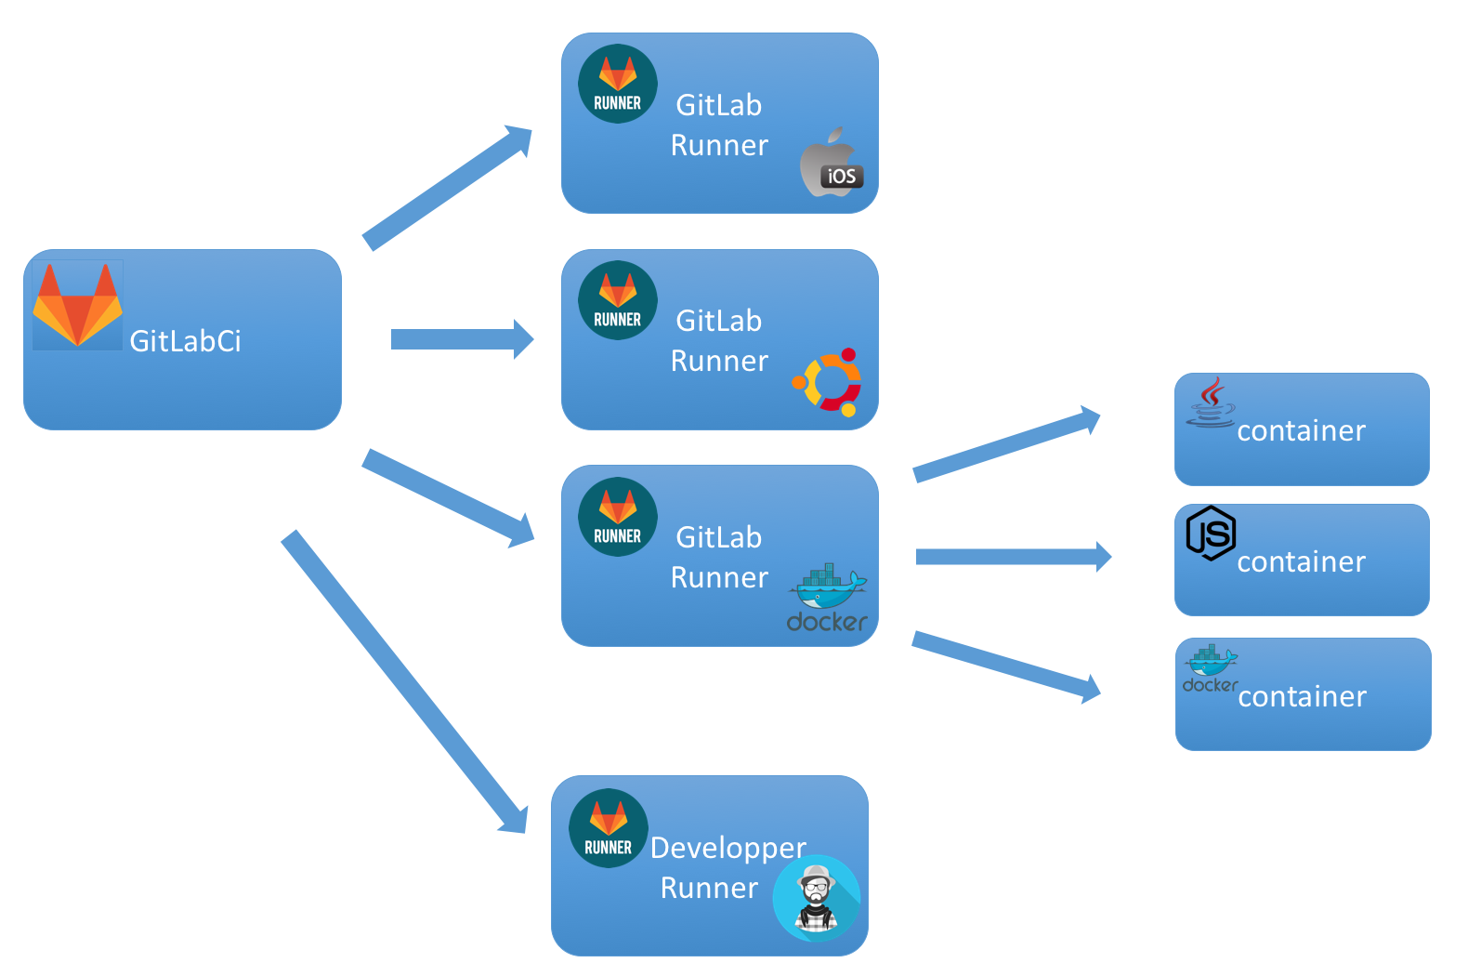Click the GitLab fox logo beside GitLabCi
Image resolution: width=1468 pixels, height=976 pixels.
pyautogui.click(x=78, y=305)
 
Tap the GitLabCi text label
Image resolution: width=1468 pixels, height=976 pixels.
pyautogui.click(x=185, y=341)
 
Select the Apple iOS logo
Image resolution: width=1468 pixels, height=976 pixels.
pyautogui.click(x=832, y=164)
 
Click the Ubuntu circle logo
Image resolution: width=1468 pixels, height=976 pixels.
pyautogui.click(x=828, y=382)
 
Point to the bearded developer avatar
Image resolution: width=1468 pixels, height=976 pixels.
pyautogui.click(x=816, y=898)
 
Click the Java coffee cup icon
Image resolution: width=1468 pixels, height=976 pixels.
pyautogui.click(x=1211, y=402)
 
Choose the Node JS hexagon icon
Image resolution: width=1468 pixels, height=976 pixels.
pyautogui.click(x=1211, y=533)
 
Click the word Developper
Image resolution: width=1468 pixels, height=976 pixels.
pyautogui.click(x=727, y=848)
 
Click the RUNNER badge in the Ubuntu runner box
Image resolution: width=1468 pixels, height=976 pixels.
pyautogui.click(x=618, y=300)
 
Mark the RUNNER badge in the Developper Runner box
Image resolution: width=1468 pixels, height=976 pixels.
pyautogui.click(x=609, y=828)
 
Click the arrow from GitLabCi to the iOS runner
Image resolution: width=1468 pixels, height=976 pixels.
pyautogui.click(x=447, y=189)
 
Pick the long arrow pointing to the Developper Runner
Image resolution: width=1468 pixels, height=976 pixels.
pyautogui.click(x=404, y=682)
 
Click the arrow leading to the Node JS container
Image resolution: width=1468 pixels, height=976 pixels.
pyautogui.click(x=1013, y=557)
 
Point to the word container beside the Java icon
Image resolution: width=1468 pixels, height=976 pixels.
pyautogui.click(x=1301, y=431)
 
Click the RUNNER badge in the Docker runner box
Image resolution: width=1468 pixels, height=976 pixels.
pyautogui.click(x=618, y=517)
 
